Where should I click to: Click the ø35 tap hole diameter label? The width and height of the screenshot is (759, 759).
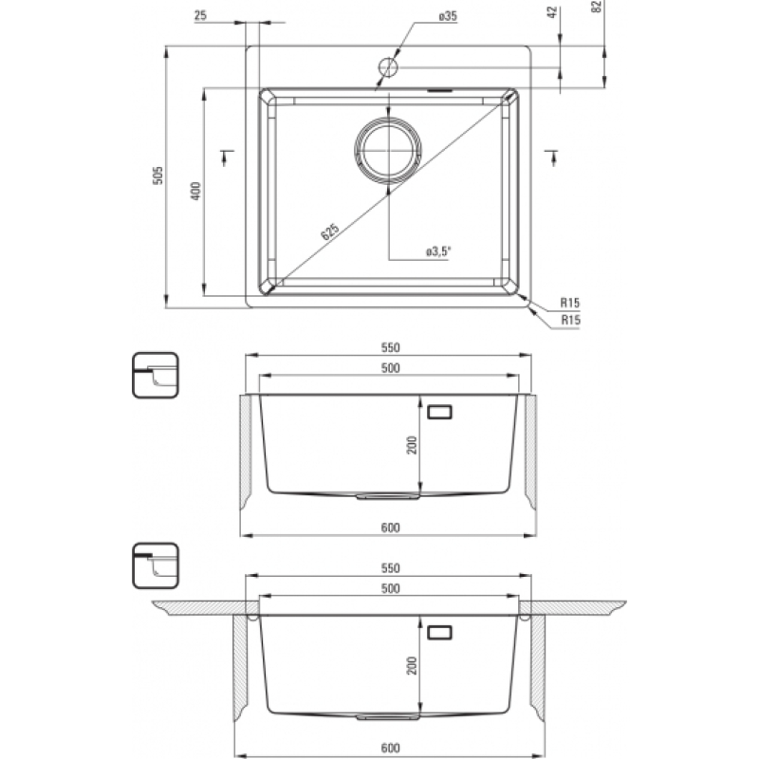pos(448,16)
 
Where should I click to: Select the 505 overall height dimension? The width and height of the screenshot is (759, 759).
pos(157,176)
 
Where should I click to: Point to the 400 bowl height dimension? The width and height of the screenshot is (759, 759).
pos(195,192)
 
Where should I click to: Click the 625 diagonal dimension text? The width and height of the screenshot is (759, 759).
pos(329,231)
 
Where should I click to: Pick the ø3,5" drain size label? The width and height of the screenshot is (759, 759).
pos(438,251)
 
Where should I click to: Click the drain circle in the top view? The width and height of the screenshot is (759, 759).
pos(388,150)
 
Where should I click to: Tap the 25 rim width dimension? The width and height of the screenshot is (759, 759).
pos(200,15)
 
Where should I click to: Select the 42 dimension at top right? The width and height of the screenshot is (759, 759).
pos(552,12)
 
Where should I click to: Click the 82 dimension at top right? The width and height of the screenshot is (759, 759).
pos(597,7)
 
